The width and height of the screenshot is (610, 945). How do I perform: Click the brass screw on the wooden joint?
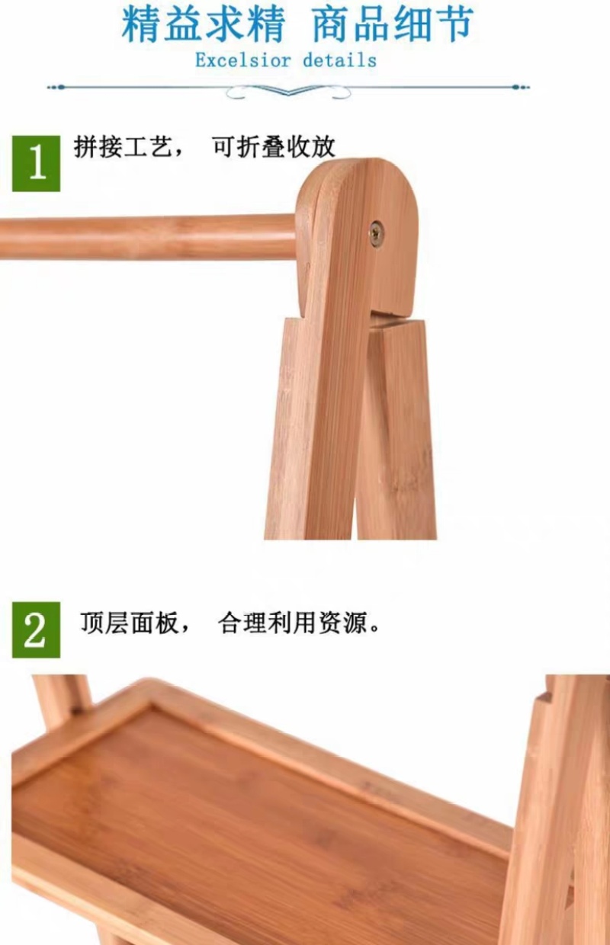[x=376, y=233]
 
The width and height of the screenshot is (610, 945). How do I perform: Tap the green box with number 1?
[x=36, y=163]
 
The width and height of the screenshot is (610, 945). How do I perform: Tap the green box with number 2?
[x=36, y=629]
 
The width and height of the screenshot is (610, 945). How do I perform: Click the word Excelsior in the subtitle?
[x=243, y=60]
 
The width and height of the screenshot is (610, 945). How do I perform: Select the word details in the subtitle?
[x=340, y=60]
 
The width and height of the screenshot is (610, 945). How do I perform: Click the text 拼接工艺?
[x=124, y=147]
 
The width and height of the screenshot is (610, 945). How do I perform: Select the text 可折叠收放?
[x=274, y=147]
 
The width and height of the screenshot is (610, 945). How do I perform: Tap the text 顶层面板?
[x=130, y=623]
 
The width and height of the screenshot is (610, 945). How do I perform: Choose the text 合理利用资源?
[x=293, y=623]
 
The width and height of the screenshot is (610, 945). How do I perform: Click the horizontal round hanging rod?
[x=148, y=237]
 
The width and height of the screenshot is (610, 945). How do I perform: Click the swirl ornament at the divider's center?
[x=288, y=90]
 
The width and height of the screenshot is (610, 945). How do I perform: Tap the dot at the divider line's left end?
[x=61, y=88]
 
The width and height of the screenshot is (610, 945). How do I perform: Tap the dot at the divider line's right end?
[x=515, y=88]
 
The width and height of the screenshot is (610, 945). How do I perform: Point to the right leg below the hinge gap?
[x=396, y=431]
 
